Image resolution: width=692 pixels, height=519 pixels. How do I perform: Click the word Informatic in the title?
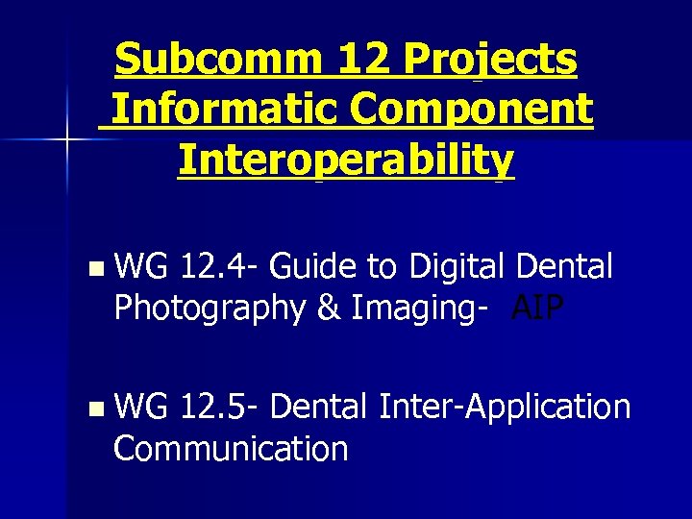[x=226, y=110]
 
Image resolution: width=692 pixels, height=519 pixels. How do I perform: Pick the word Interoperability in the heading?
[x=346, y=161]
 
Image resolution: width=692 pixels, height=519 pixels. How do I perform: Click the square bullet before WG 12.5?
[x=92, y=408]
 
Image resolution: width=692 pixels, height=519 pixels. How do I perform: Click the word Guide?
[x=316, y=266]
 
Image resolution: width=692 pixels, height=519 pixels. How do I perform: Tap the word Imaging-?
[x=420, y=309]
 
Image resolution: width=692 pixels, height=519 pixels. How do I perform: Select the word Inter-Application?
[x=506, y=408]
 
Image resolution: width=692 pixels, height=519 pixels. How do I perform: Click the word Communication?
[x=231, y=448]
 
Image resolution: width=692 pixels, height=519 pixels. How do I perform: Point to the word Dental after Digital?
[x=565, y=266]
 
